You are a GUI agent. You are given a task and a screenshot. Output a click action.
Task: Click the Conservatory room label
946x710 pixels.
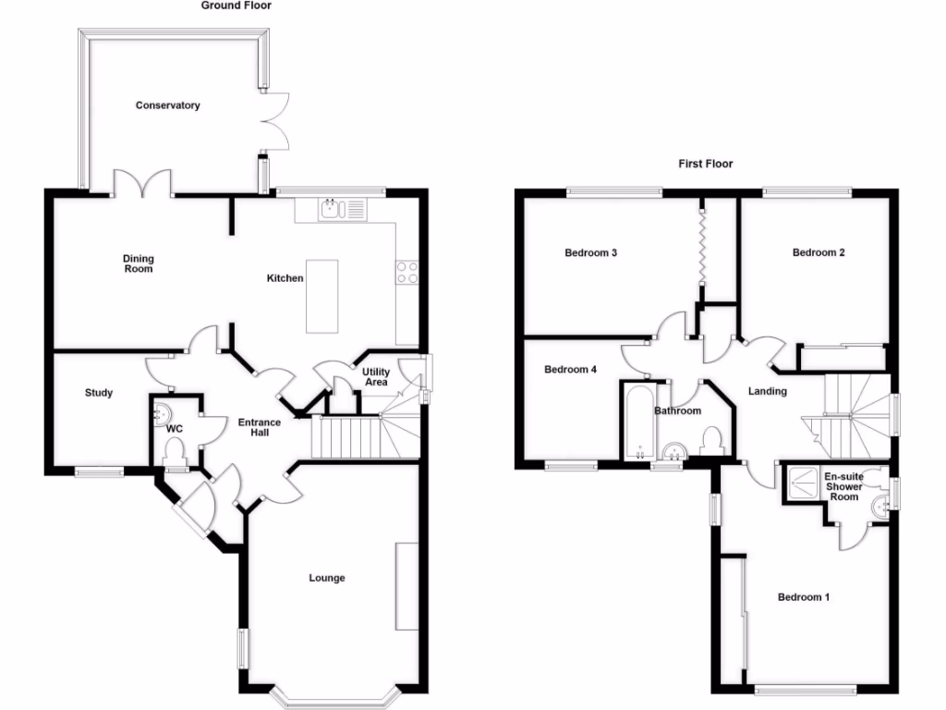point(167,105)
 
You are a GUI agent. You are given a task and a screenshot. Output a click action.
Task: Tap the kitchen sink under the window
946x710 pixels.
point(332,210)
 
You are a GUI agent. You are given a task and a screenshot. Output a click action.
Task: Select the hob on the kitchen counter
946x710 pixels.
point(406,271)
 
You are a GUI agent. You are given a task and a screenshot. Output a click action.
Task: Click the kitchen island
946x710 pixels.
point(322,295)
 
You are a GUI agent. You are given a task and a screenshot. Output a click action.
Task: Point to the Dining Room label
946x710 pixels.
point(139,263)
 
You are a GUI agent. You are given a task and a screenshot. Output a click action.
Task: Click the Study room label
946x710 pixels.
point(99,393)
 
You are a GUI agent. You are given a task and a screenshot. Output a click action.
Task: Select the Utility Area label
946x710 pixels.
point(376,377)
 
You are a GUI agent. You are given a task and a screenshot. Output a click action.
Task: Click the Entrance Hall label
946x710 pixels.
point(259,427)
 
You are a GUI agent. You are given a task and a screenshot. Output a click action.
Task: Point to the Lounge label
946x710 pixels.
point(327,578)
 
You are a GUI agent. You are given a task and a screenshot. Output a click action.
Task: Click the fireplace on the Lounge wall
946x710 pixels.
point(406,586)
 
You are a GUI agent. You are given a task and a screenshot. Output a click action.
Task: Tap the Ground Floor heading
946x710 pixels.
point(236,6)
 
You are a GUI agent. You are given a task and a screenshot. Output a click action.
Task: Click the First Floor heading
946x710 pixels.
point(705,164)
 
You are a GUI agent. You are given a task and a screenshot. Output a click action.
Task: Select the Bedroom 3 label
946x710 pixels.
point(590,252)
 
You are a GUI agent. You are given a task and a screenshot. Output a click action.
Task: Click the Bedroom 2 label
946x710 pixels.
point(819,252)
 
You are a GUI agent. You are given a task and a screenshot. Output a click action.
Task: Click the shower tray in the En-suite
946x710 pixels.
point(801,483)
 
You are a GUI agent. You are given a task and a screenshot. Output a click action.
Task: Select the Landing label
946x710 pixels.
point(768,391)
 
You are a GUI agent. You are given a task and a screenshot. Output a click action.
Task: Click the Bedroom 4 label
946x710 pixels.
point(570,370)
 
